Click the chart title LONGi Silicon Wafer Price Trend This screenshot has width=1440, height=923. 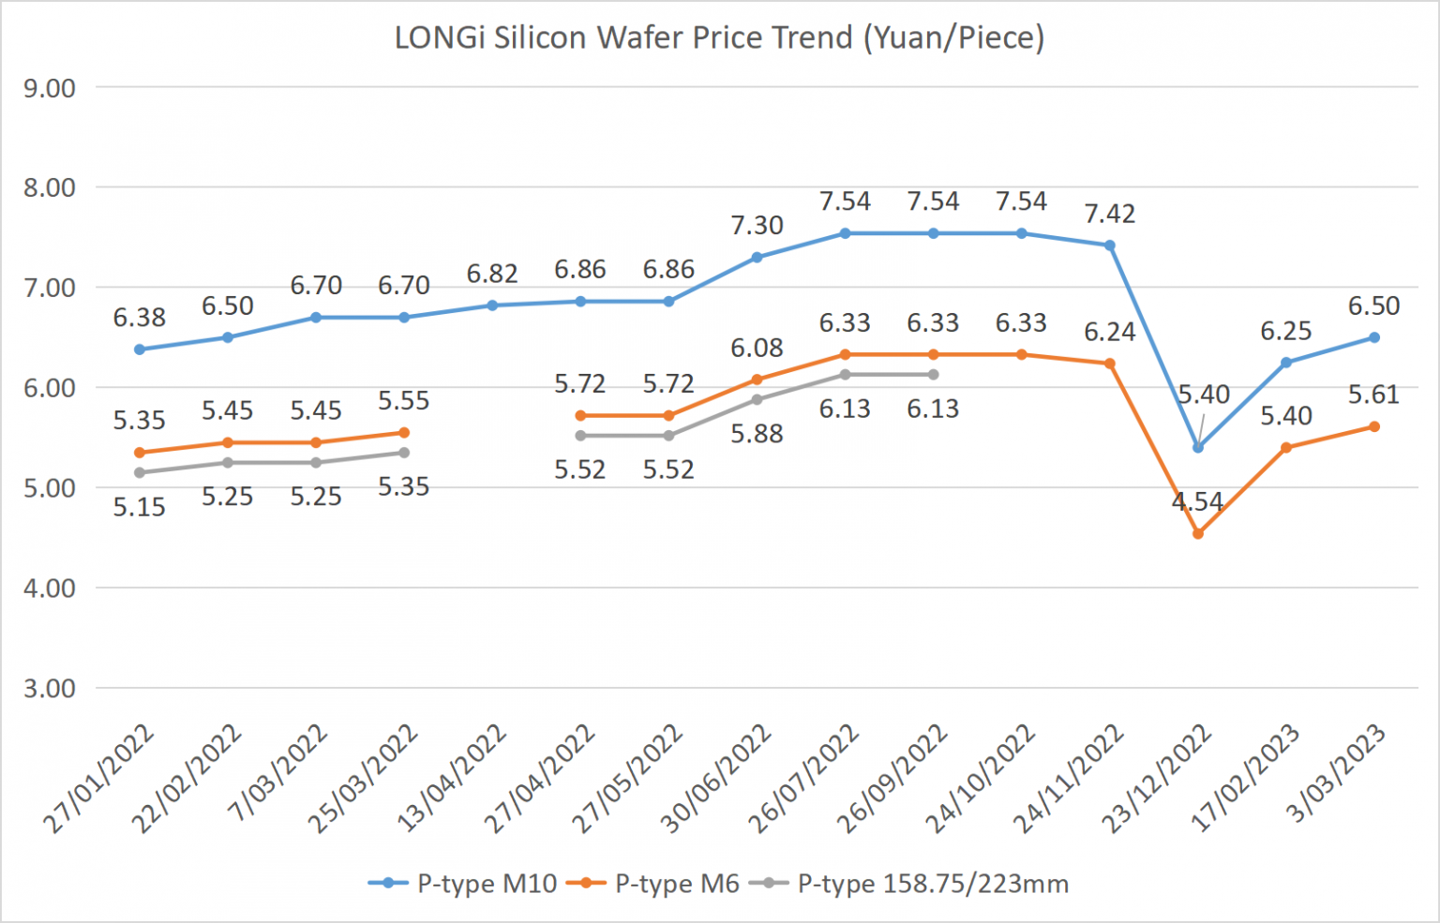click(719, 38)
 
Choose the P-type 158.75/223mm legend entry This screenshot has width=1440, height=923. click(914, 884)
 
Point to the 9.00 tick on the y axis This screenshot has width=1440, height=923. click(50, 88)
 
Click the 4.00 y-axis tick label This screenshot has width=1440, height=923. click(50, 588)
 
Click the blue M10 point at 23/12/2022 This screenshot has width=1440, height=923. click(1198, 448)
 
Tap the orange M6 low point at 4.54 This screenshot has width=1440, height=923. click(1198, 534)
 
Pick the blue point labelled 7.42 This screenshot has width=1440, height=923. click(1110, 246)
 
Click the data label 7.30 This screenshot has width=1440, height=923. click(757, 226)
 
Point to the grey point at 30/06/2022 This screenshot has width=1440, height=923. click(757, 399)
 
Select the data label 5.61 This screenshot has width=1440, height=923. click(1373, 395)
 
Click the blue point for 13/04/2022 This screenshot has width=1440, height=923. click(492, 305)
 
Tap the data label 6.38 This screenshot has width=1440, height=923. click(140, 318)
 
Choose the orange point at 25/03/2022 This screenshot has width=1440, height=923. click(404, 433)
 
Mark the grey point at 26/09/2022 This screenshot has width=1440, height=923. click(933, 375)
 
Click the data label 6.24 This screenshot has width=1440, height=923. click(1110, 333)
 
